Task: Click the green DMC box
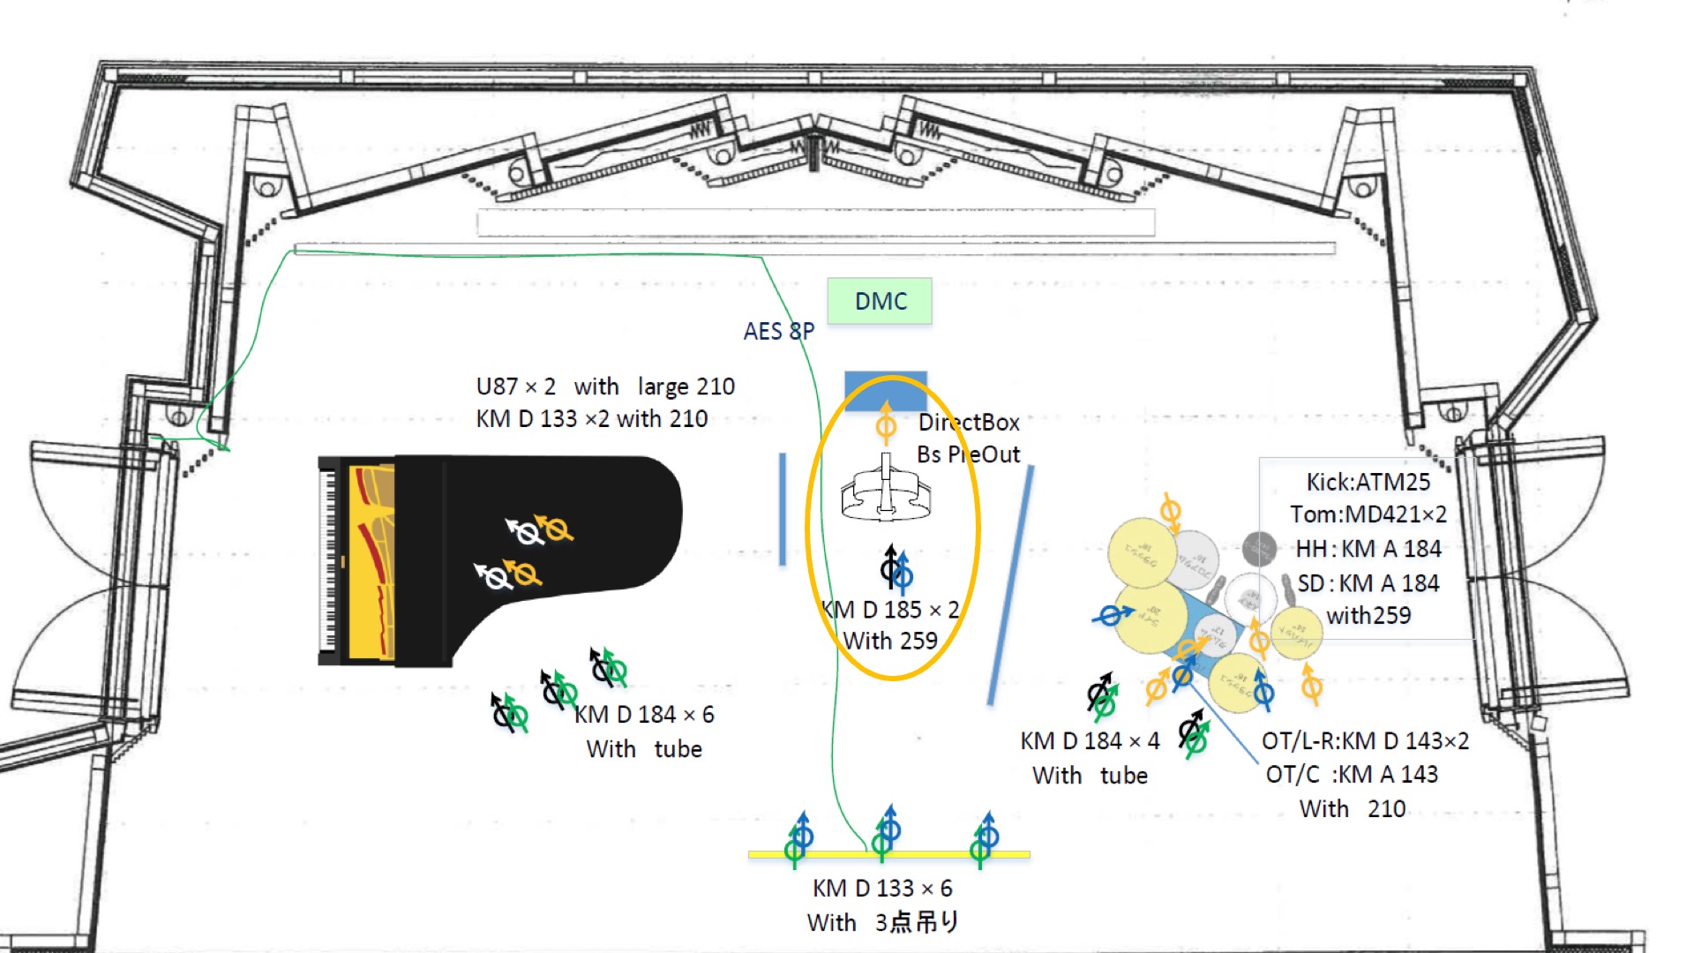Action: tap(880, 301)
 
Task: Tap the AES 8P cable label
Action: tap(778, 331)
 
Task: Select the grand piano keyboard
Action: tap(328, 559)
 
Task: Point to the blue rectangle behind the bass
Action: tap(886, 388)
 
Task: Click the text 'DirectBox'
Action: tap(969, 423)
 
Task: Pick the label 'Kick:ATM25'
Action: tap(1368, 482)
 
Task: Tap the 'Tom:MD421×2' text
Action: tap(1368, 514)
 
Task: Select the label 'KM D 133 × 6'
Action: tap(882, 888)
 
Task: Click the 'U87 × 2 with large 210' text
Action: tap(605, 386)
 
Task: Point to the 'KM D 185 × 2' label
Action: tap(889, 610)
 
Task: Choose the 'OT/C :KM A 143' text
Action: tap(1352, 774)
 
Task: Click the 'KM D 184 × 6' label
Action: tap(644, 714)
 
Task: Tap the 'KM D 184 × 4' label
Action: tap(1090, 741)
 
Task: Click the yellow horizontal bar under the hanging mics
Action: tap(888, 854)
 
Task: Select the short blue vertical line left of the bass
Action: tap(783, 509)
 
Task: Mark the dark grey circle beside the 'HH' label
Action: tap(1259, 549)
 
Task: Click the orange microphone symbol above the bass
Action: tap(886, 424)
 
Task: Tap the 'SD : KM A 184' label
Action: tap(1368, 583)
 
